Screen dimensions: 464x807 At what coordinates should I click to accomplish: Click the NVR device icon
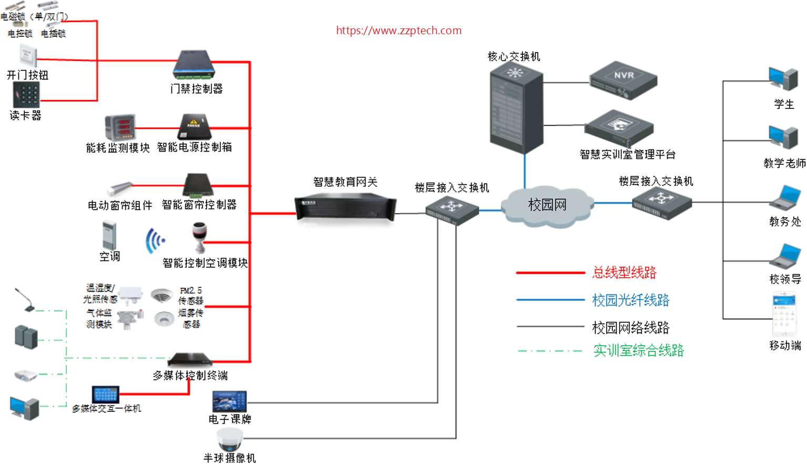click(x=623, y=80)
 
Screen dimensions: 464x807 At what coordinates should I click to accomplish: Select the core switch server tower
click(x=516, y=108)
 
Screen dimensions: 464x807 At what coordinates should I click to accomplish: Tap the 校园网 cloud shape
click(x=547, y=205)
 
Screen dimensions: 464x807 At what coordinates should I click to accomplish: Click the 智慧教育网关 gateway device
click(x=345, y=207)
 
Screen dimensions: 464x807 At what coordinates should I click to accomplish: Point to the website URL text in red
click(x=399, y=31)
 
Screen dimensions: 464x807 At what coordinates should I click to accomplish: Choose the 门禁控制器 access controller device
click(x=194, y=65)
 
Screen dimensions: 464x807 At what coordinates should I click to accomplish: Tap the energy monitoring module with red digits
click(x=120, y=127)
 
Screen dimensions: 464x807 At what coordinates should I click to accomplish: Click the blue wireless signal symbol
click(x=155, y=241)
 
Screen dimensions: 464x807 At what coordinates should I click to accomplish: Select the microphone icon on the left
click(x=24, y=299)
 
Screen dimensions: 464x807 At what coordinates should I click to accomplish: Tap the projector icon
click(x=25, y=375)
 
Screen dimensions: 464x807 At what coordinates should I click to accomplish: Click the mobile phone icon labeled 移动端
click(x=784, y=315)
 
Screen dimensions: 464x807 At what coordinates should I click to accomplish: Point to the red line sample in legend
click(x=550, y=273)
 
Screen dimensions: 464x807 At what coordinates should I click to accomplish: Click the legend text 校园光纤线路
click(x=630, y=300)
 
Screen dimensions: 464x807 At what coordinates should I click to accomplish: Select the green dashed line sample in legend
click(x=550, y=351)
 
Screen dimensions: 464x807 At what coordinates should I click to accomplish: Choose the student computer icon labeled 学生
click(x=783, y=79)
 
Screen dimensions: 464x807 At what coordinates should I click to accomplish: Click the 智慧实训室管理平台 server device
click(x=619, y=128)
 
